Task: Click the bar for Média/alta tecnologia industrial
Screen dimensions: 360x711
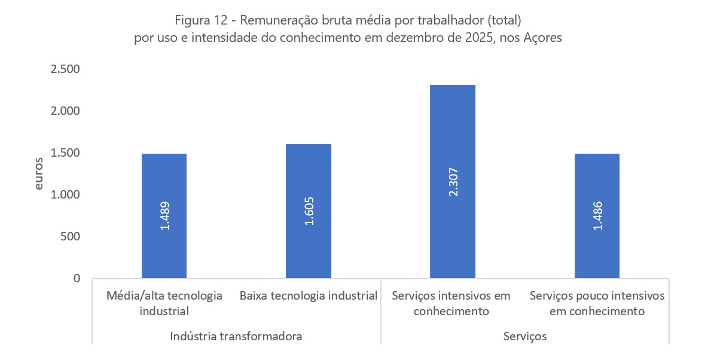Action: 164,179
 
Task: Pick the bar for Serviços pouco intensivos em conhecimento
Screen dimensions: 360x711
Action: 597,179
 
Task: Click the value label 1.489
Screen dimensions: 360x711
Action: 164,216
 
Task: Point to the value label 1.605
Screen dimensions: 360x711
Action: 309,212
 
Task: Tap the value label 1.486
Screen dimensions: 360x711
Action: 597,216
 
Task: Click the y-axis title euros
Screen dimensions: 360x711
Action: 39,173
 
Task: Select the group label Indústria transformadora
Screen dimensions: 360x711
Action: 236,336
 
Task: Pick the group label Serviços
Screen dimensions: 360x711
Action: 525,336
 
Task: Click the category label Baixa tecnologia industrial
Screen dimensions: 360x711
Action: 309,296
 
